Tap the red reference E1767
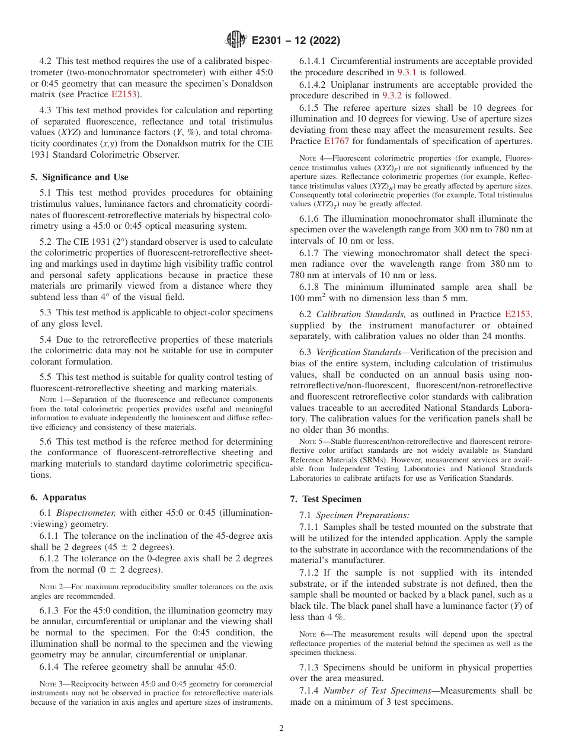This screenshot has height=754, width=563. tap(334, 141)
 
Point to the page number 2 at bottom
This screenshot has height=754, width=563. tap(281, 729)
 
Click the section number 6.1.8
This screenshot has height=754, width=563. tap(312, 287)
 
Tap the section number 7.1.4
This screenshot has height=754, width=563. tap(312, 691)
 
